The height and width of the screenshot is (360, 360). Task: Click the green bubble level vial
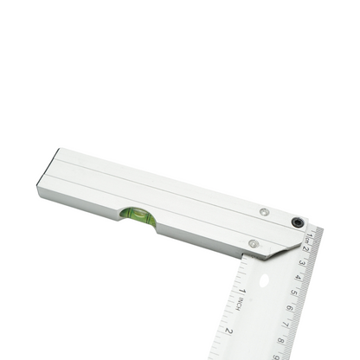[x=138, y=215]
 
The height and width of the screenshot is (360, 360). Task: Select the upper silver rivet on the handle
[x=264, y=212]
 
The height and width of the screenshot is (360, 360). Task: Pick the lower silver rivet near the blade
[x=253, y=244]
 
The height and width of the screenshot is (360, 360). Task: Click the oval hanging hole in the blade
[x=264, y=281]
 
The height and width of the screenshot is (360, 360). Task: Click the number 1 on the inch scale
[x=243, y=290]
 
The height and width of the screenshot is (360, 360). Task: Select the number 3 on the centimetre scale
[x=301, y=263]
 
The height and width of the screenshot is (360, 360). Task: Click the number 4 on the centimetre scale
[x=298, y=277]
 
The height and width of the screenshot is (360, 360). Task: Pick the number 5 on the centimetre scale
[x=293, y=292]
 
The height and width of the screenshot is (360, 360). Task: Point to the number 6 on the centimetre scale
[x=289, y=307]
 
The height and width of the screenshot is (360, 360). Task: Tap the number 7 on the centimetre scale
[x=285, y=323]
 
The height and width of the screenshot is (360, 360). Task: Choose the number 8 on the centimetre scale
[x=280, y=339]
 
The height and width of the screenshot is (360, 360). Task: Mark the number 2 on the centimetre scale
[x=305, y=249]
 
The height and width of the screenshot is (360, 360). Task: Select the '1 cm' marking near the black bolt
[x=309, y=236]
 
